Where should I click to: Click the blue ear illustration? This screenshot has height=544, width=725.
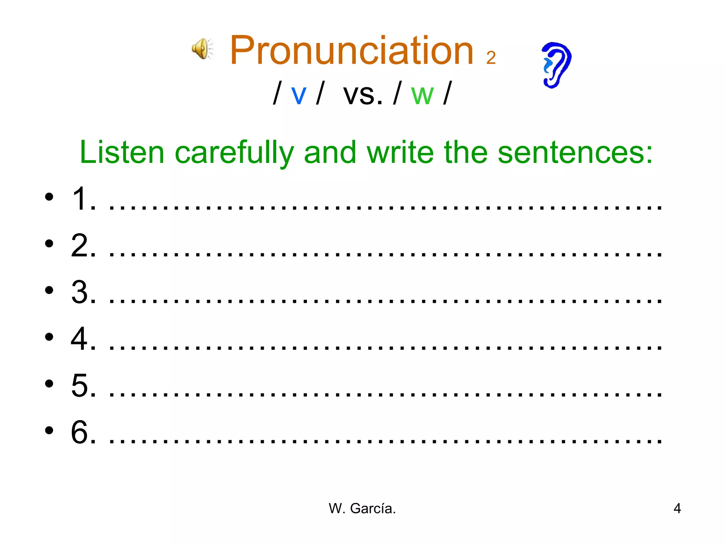[x=556, y=65]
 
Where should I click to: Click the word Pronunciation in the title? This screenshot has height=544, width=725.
[x=352, y=51]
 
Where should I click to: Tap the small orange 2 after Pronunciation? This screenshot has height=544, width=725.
[x=491, y=58]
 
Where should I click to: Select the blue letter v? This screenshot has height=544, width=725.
[x=298, y=95]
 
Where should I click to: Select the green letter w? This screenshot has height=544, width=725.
[x=422, y=95]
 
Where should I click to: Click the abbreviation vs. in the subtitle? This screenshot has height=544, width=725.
[x=363, y=94]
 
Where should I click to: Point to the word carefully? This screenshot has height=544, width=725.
[x=234, y=153]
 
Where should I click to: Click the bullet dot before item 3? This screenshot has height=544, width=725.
[x=49, y=290]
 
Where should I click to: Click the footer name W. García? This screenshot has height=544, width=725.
[x=362, y=509]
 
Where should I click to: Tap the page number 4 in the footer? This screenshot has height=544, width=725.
[x=677, y=509]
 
